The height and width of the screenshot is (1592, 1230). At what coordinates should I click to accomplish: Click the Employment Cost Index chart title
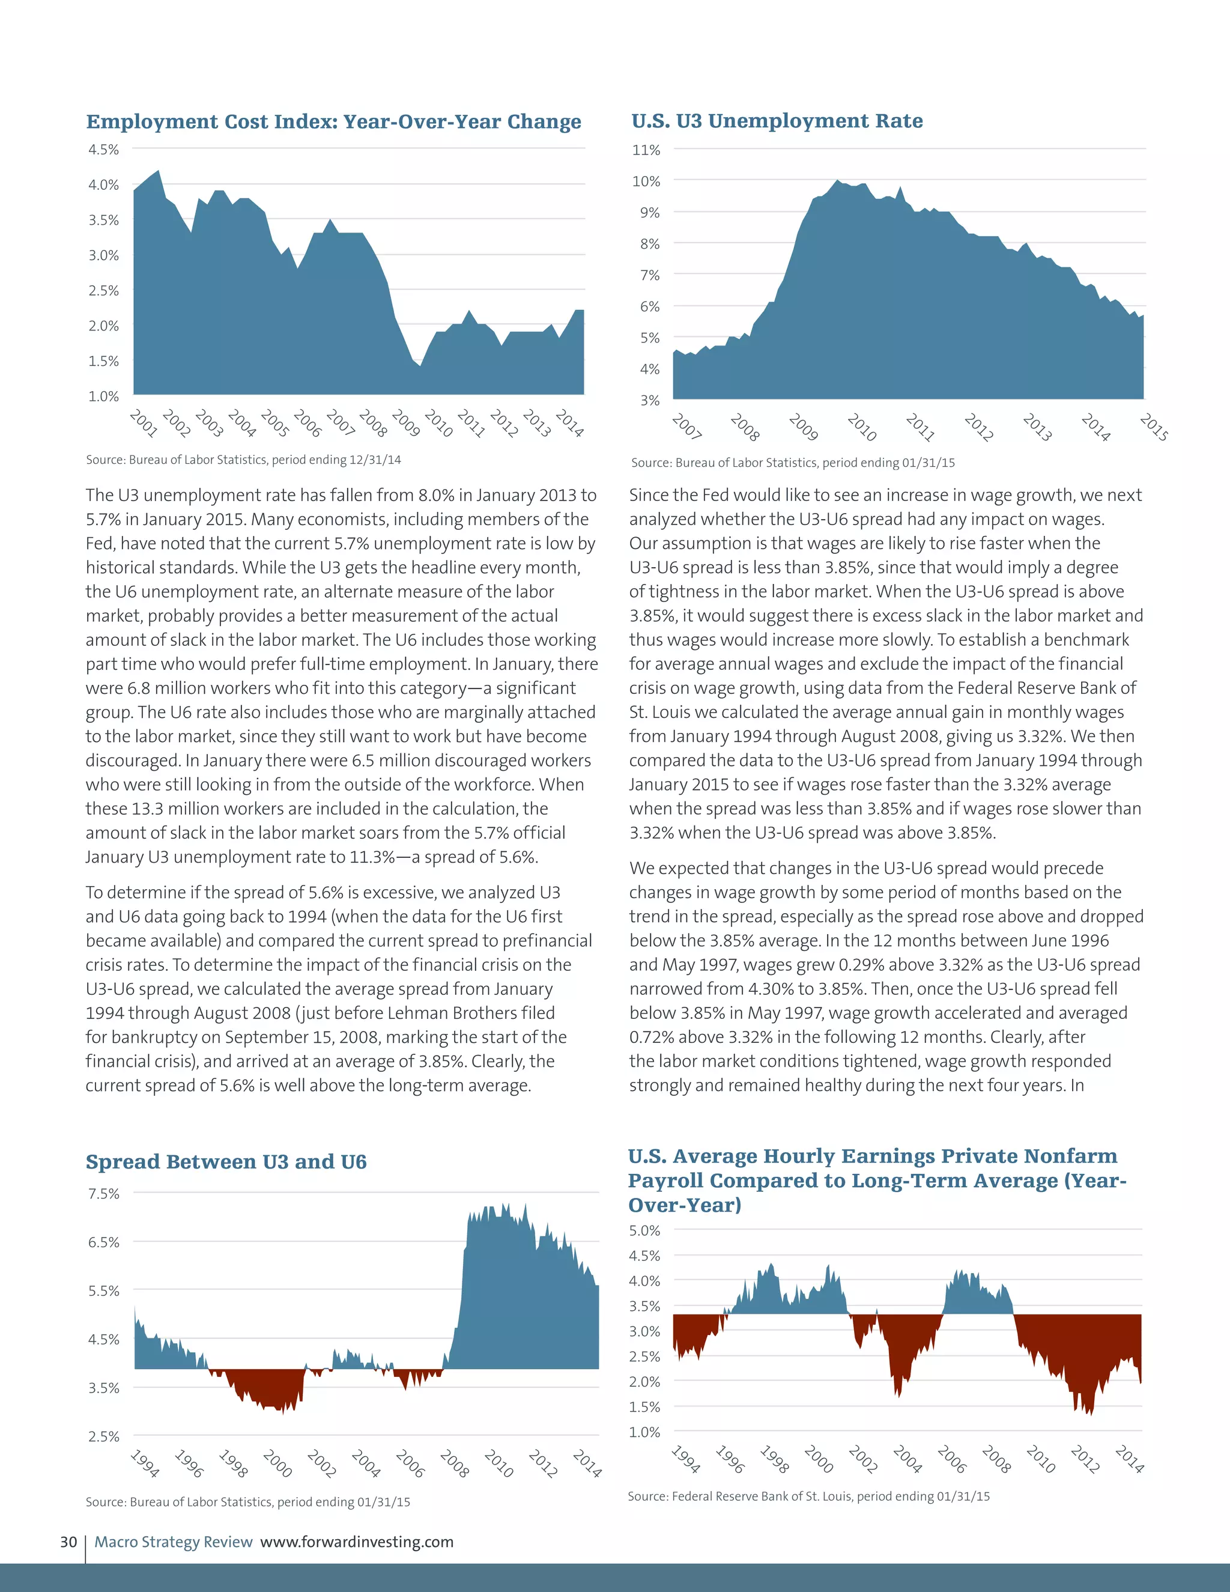[x=334, y=122]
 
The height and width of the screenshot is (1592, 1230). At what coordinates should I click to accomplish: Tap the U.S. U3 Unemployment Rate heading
[x=777, y=121]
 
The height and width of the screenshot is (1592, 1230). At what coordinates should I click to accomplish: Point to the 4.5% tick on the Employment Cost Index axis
[x=103, y=150]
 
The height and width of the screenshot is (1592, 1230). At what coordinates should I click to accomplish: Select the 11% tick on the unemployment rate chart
[x=646, y=150]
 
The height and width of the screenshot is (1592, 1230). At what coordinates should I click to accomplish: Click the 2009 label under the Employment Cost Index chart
[x=406, y=423]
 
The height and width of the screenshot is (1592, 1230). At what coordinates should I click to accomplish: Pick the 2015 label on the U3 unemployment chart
[x=1154, y=427]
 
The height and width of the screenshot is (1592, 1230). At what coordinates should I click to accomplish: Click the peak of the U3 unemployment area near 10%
[x=838, y=180]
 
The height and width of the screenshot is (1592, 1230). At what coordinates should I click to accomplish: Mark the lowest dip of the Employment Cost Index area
[x=420, y=366]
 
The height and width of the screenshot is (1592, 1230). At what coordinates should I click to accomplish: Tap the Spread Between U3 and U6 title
[x=226, y=1161]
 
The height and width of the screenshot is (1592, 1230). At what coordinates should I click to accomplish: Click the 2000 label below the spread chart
[x=277, y=1463]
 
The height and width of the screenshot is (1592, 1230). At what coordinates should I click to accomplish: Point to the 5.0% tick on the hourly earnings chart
[x=644, y=1230]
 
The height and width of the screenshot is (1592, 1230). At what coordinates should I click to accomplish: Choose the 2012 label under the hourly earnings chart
[x=1084, y=1459]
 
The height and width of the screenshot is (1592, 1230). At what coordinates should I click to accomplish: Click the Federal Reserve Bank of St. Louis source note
[x=809, y=1496]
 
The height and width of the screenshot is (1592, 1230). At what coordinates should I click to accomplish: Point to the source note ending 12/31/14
[x=243, y=460]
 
